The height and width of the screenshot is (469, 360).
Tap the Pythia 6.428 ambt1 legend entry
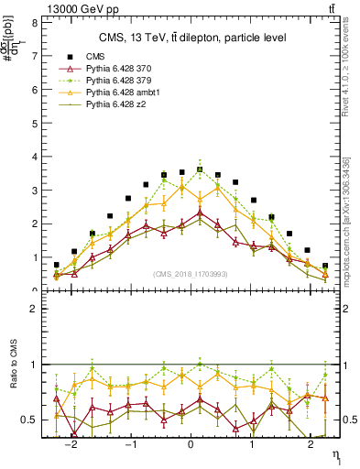coord(124,93)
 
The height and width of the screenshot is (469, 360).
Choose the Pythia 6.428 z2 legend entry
coord(117,106)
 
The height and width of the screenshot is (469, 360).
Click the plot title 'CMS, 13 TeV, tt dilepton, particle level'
coord(192,38)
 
